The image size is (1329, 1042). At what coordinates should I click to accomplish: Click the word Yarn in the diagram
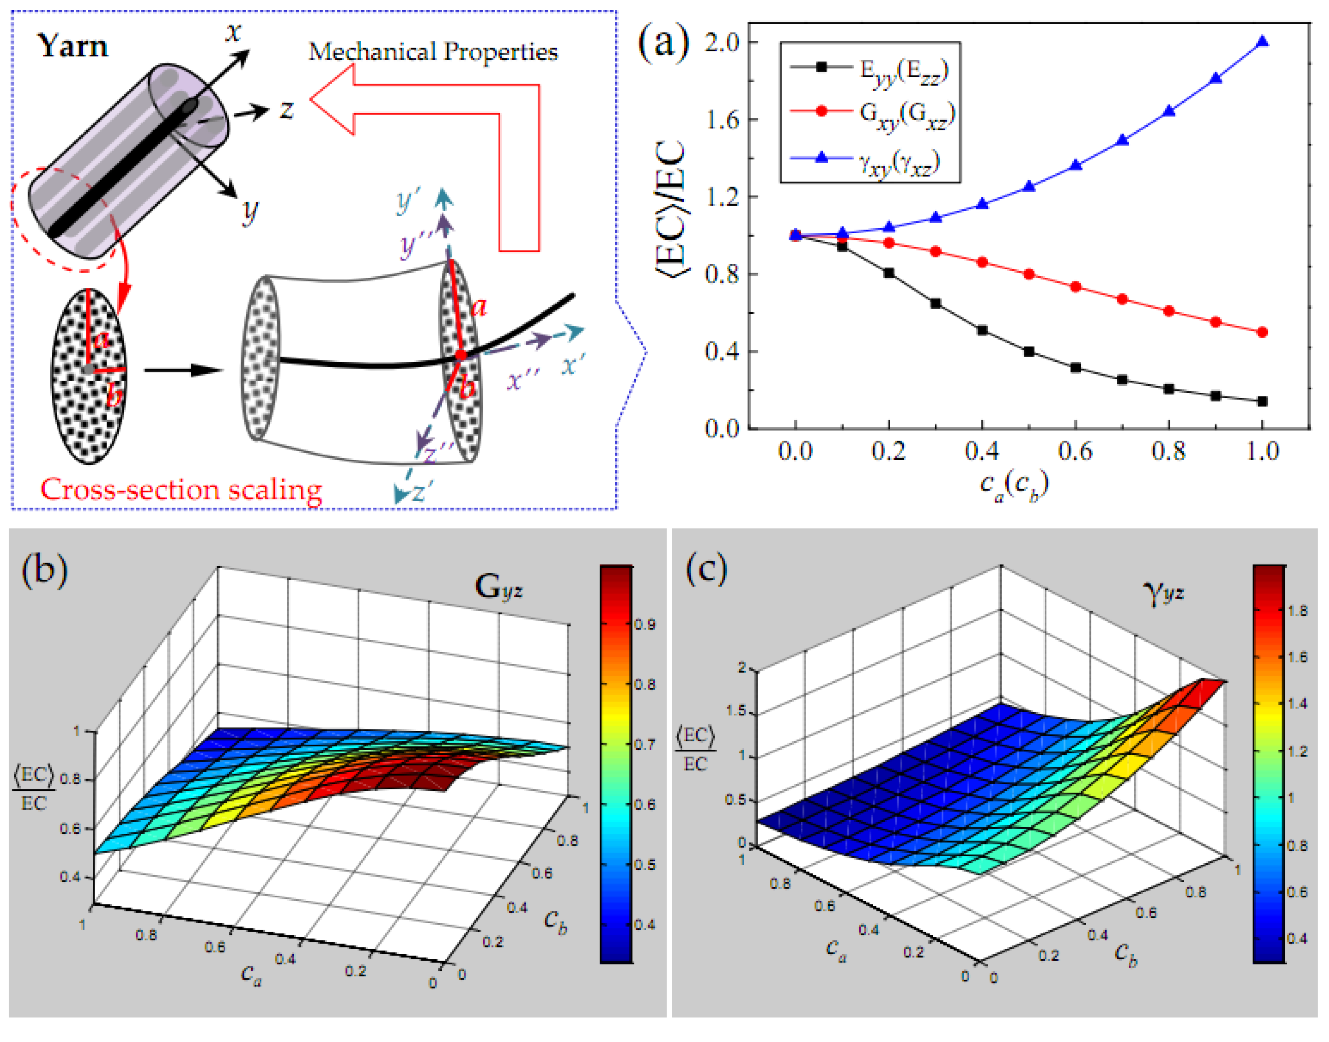[73, 46]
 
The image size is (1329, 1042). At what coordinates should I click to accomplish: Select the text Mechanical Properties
[433, 52]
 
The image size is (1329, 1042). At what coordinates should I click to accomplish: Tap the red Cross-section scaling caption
[181, 490]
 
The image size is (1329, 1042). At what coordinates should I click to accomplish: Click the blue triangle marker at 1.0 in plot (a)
[1262, 42]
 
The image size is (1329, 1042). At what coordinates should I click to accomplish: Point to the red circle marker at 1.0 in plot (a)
[1262, 332]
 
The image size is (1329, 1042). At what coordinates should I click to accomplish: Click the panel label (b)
[44, 570]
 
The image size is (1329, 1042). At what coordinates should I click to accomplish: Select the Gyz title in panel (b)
[498, 587]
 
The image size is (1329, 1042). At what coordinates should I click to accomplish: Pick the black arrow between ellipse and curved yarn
[183, 370]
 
